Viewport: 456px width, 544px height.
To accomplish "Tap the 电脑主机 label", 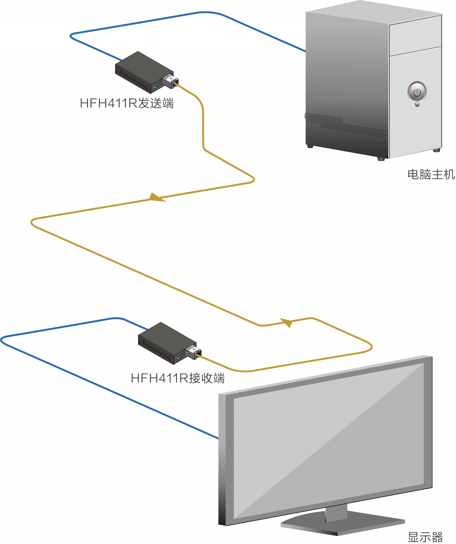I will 431,174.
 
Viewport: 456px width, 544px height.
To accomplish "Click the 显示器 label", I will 425,537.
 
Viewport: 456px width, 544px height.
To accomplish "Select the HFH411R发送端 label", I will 127,103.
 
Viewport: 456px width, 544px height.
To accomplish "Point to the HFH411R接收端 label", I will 178,378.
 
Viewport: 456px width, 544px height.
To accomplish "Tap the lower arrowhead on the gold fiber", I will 287,322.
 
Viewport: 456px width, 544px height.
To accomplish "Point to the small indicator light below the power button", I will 417,104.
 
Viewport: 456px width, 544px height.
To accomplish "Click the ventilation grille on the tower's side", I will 347,124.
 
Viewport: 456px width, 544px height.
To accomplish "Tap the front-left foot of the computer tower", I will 381,159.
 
